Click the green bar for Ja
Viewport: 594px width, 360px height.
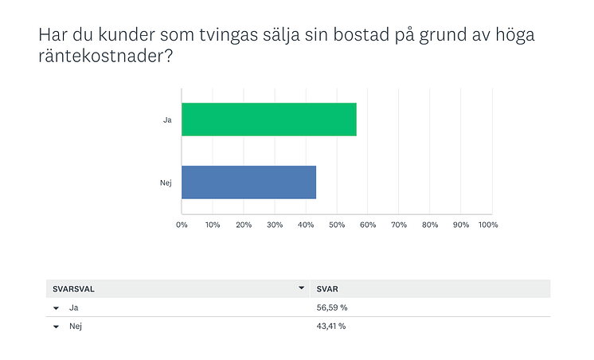[269, 119]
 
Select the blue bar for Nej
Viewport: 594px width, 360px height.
[249, 182]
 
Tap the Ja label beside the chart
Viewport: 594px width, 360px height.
[167, 120]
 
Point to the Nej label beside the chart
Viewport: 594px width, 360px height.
[166, 183]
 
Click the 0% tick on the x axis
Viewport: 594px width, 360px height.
[182, 225]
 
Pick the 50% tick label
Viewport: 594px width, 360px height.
[337, 225]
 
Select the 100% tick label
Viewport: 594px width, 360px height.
[488, 225]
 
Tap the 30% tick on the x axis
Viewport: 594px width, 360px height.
[275, 225]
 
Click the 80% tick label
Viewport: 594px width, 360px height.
[430, 225]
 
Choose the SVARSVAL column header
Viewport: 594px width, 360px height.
[73, 289]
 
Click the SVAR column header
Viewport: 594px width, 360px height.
[327, 289]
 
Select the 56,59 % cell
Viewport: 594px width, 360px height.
[332, 307]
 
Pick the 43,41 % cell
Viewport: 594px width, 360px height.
[331, 326]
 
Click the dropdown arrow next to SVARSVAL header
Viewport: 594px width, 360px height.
[302, 288]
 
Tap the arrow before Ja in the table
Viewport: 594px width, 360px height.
[56, 308]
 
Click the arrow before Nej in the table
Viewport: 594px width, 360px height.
[56, 327]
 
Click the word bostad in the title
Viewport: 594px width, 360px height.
[361, 34]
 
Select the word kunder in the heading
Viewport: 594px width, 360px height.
[127, 34]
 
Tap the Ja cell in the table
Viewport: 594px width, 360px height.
[73, 307]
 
